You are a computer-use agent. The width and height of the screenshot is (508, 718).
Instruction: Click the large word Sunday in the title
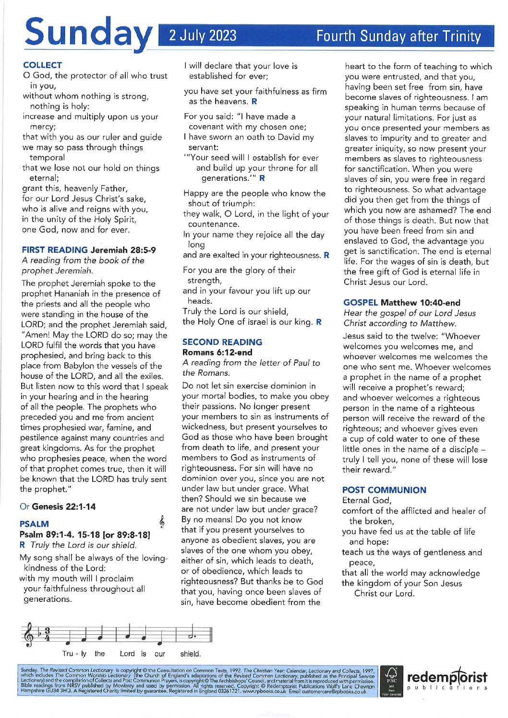(87, 33)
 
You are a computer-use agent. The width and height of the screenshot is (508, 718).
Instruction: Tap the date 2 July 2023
(203, 36)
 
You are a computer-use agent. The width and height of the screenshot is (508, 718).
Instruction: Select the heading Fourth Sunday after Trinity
(398, 36)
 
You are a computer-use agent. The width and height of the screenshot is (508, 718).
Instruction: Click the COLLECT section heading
(42, 65)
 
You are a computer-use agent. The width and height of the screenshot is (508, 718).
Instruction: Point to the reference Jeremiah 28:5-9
(123, 250)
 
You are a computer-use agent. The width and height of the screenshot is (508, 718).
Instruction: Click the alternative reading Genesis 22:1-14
(63, 506)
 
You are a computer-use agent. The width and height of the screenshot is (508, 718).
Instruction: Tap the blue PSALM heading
(34, 524)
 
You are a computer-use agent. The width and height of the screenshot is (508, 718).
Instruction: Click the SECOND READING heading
(222, 342)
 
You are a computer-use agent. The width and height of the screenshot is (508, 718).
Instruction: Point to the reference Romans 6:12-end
(217, 353)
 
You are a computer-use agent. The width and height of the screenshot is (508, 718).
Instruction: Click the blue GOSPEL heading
(360, 303)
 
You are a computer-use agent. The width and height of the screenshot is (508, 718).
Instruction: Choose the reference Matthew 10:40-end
(420, 303)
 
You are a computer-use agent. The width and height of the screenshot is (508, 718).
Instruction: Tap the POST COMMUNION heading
(384, 490)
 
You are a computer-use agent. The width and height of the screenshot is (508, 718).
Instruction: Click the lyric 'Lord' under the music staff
(127, 654)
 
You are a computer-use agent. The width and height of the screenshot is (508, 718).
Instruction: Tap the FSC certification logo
(391, 681)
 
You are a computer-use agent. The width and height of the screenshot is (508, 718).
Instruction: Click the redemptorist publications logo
(447, 680)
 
